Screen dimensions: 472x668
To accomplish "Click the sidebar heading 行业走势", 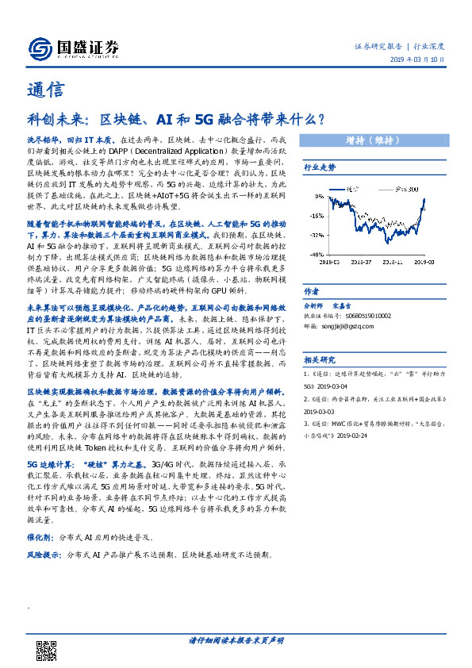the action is pos(320,168).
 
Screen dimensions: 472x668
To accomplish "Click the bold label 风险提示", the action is pos(45,555).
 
